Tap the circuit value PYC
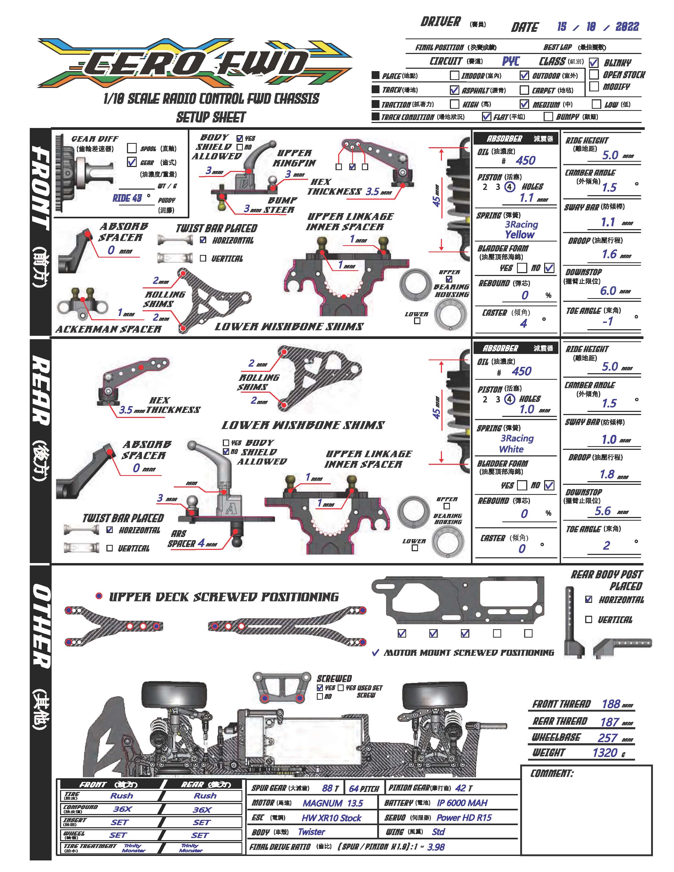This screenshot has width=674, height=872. pyautogui.click(x=511, y=61)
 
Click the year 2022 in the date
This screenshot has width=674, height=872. pyautogui.click(x=627, y=27)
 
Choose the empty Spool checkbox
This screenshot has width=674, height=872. pyautogui.click(x=132, y=148)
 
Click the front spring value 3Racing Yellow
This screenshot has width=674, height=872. pyautogui.click(x=521, y=230)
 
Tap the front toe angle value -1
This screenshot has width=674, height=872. pyautogui.click(x=607, y=321)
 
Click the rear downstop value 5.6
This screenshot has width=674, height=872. pyautogui.click(x=603, y=511)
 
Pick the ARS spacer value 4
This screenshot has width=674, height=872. pyautogui.click(x=201, y=543)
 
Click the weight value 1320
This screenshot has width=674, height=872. pyautogui.click(x=604, y=753)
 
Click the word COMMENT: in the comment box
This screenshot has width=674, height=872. pyautogui.click(x=552, y=774)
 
